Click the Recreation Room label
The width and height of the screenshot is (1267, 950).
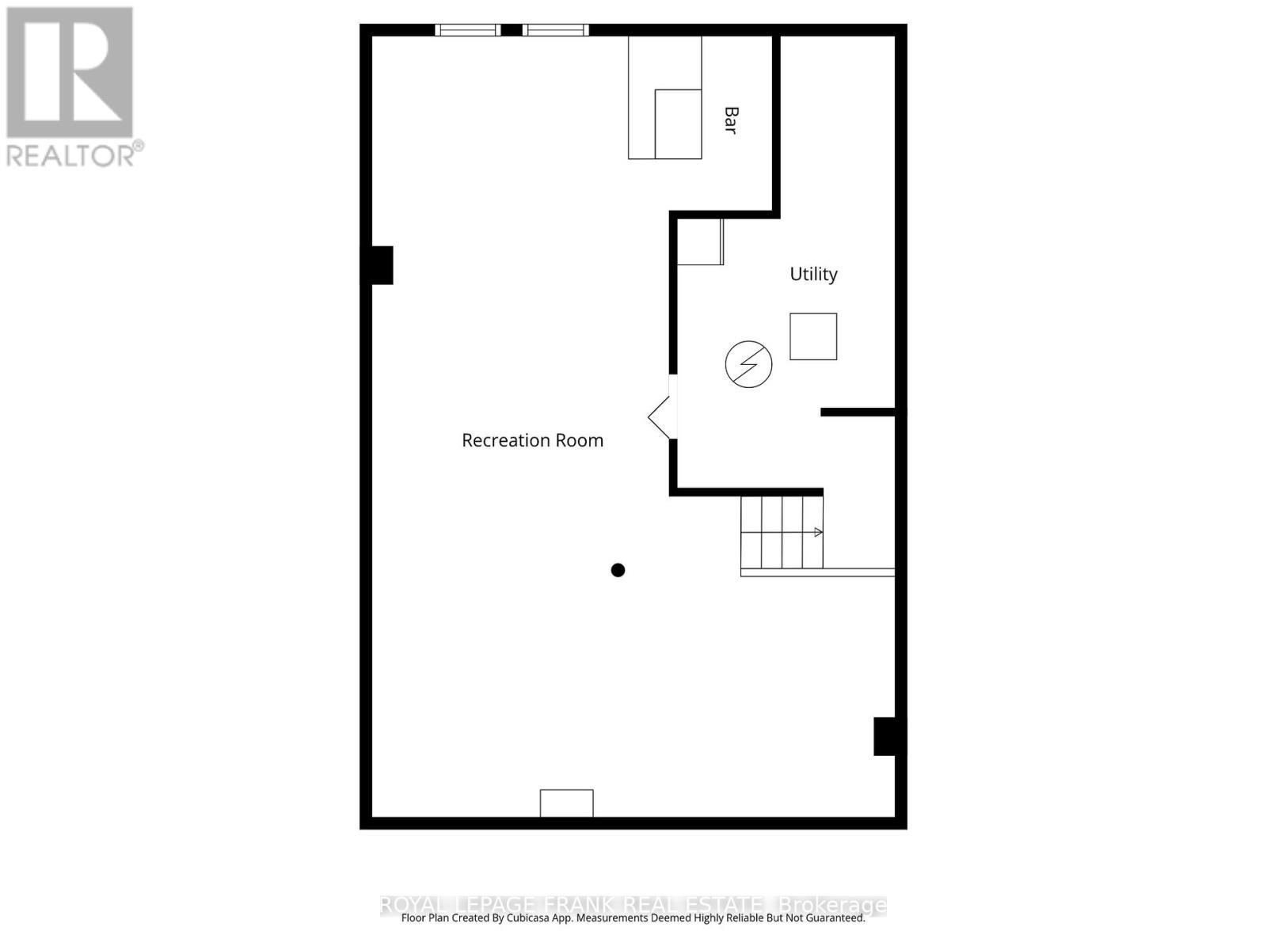pyautogui.click(x=532, y=440)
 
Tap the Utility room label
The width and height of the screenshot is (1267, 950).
pyautogui.click(x=813, y=274)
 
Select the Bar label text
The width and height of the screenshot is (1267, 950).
pyautogui.click(x=731, y=120)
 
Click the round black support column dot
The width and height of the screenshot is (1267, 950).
pyautogui.click(x=618, y=570)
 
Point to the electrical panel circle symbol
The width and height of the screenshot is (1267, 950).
pyautogui.click(x=748, y=364)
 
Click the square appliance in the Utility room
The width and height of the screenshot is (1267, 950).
pyautogui.click(x=813, y=336)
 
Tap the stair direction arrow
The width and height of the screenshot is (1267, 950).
pyautogui.click(x=817, y=532)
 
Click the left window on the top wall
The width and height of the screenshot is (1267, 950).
pyautogui.click(x=467, y=30)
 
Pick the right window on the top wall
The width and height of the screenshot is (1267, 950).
pyautogui.click(x=555, y=30)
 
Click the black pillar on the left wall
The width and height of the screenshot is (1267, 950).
pyautogui.click(x=379, y=265)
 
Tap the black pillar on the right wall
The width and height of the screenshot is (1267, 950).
pyautogui.click(x=886, y=736)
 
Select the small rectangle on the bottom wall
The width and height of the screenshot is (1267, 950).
pyautogui.click(x=566, y=803)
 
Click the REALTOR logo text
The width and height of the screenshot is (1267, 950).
pyautogui.click(x=74, y=154)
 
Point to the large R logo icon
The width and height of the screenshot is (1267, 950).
pyautogui.click(x=70, y=72)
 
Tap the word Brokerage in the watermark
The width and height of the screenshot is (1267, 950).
pyautogui.click(x=832, y=904)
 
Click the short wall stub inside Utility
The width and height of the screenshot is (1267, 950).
pyautogui.click(x=858, y=412)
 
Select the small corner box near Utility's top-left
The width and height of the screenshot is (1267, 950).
pyautogui.click(x=699, y=242)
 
